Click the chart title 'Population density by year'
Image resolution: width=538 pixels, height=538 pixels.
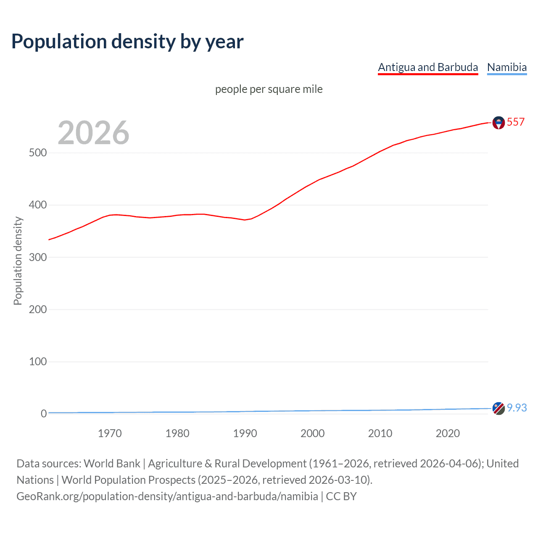pos(127,42)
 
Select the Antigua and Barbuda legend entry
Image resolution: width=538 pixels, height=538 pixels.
pos(428,67)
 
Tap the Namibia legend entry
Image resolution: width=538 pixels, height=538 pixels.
pos(506,67)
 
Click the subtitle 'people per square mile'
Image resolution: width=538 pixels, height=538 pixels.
pos(269,89)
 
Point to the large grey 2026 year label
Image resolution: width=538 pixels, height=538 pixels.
pos(93,133)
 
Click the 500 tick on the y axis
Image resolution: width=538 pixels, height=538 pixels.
pos(37,153)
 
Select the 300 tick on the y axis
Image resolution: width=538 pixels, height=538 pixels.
pos(37,257)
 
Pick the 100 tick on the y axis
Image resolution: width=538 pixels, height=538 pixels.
pos(37,361)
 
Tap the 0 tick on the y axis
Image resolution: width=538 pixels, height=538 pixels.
pos(43,414)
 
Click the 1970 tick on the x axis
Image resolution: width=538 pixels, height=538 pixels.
pos(110,433)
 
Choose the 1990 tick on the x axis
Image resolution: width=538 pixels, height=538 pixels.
pos(245,433)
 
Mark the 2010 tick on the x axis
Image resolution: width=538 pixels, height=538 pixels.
pos(380,433)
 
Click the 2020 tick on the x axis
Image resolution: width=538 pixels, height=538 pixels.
pos(448,433)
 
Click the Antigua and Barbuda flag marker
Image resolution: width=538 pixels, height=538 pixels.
pos(498,123)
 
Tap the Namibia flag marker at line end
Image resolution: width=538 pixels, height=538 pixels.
pos(498,408)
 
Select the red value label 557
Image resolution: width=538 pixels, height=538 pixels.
pos(516,122)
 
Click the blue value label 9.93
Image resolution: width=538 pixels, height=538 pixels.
pos(517,408)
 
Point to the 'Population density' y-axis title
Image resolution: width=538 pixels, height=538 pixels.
pos(18,261)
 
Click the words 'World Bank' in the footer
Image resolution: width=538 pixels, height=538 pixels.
pos(112,464)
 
